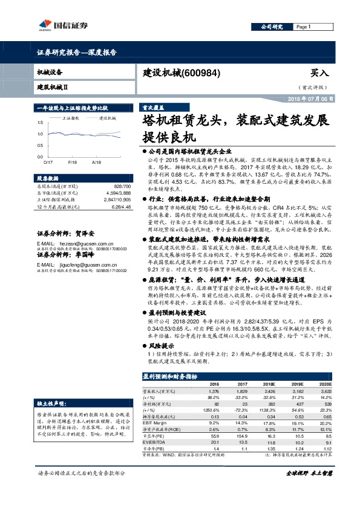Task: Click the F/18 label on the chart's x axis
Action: (x=73, y=163)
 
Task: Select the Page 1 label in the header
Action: (x=304, y=27)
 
